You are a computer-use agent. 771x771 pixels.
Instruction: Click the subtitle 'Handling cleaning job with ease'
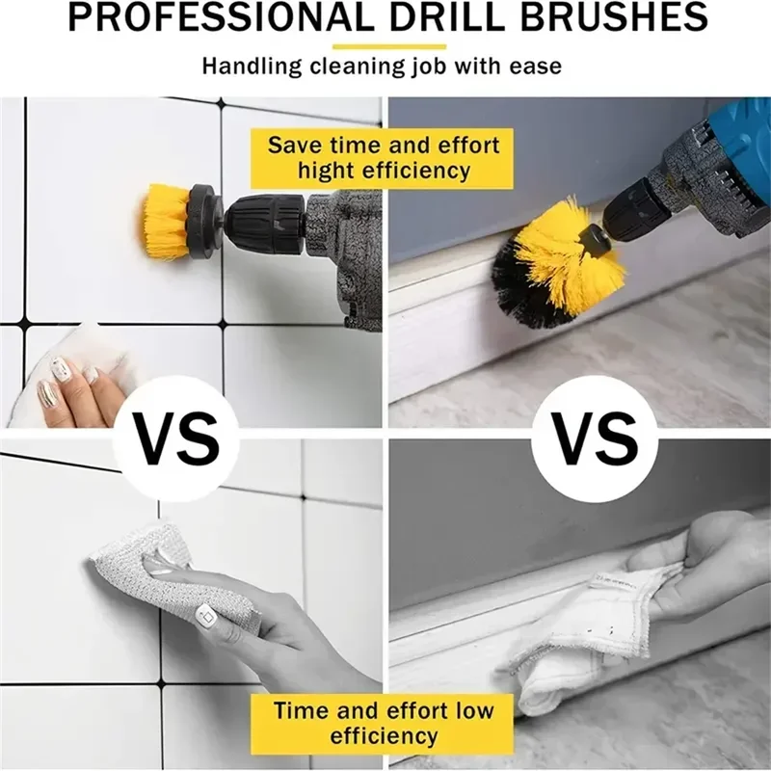coord(382,67)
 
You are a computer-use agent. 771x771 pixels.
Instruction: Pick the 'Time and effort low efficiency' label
coord(384,724)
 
